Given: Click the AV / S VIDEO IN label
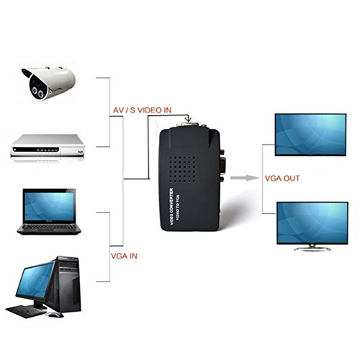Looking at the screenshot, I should (141, 110).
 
